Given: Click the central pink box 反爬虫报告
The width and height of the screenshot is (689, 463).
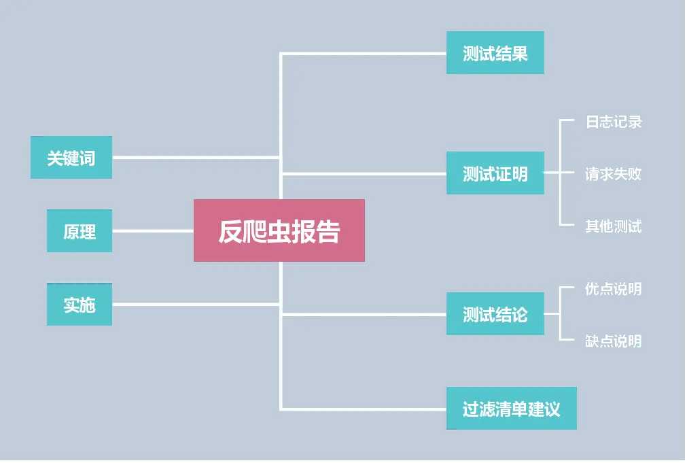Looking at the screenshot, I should pyautogui.click(x=279, y=230).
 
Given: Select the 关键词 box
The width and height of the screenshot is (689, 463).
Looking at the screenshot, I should pyautogui.click(x=71, y=158).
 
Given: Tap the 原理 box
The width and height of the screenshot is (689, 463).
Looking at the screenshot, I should pyautogui.click(x=79, y=231).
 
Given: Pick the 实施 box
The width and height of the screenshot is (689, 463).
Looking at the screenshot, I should pyautogui.click(x=79, y=305).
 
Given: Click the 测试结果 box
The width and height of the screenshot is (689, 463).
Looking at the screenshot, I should pyautogui.click(x=495, y=53).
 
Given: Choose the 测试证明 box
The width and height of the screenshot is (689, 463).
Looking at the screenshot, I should pyautogui.click(x=495, y=173).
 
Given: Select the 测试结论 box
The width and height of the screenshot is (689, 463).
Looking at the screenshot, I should pyautogui.click(x=495, y=313).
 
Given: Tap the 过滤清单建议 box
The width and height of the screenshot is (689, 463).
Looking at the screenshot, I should pyautogui.click(x=511, y=409).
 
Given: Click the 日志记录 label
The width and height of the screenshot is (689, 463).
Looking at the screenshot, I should pyautogui.click(x=614, y=122).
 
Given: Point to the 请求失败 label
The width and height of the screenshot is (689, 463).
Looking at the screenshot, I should pyautogui.click(x=614, y=174).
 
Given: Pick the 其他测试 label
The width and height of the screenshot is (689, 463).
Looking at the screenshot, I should pyautogui.click(x=614, y=226).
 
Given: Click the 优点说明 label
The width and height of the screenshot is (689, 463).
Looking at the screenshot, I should pyautogui.click(x=614, y=289).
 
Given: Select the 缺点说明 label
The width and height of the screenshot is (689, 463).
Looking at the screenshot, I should pyautogui.click(x=614, y=341).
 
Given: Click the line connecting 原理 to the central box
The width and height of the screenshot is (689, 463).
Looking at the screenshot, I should pyautogui.click(x=153, y=231).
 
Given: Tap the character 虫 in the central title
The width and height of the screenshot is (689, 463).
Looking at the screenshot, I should pyautogui.click(x=279, y=232).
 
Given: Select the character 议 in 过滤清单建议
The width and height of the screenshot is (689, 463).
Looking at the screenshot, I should pyautogui.click(x=552, y=409).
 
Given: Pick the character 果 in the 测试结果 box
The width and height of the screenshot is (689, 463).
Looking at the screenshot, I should pyautogui.click(x=520, y=54).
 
